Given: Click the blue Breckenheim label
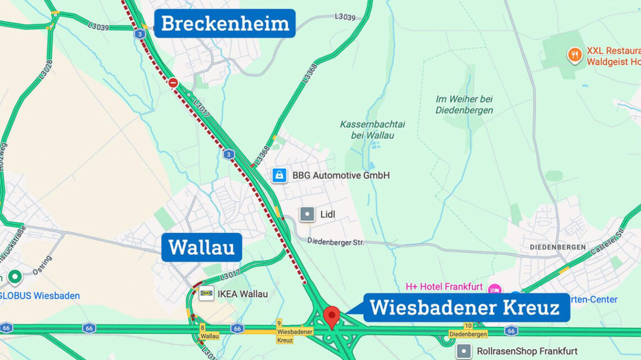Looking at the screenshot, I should (225, 24).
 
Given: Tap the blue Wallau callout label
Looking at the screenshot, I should (201, 247).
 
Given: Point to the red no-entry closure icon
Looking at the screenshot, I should (173, 83).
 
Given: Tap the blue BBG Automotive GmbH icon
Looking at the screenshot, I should (279, 175).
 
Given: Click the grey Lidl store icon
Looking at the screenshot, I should (307, 214).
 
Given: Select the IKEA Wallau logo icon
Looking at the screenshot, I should (206, 293).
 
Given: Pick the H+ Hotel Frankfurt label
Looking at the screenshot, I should (444, 287).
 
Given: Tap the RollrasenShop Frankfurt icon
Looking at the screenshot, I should (464, 352).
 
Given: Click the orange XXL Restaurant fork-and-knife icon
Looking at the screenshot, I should (575, 55).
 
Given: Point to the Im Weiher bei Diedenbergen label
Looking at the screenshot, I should (464, 105).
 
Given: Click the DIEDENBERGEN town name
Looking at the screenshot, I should (557, 247).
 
